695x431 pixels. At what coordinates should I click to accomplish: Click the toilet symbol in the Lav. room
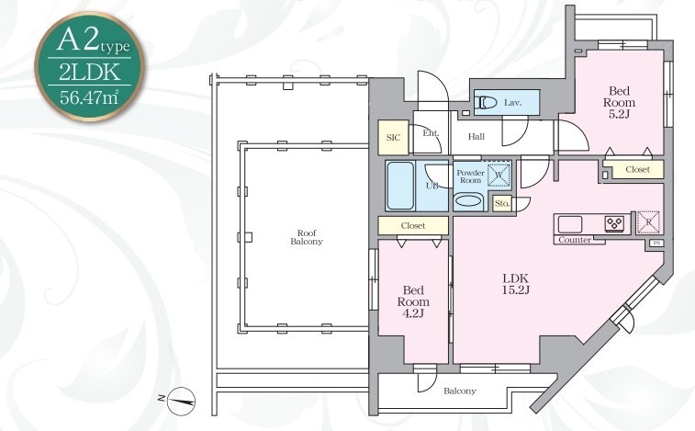[x=486, y=103]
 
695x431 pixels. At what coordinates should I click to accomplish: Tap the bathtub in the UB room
[x=400, y=186]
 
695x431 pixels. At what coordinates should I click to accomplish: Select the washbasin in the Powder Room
[x=468, y=200]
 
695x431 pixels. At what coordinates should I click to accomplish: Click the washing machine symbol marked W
[x=499, y=175]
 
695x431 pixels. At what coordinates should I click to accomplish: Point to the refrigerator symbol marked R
[x=648, y=222]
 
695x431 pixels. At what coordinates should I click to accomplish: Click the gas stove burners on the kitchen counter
[x=615, y=222]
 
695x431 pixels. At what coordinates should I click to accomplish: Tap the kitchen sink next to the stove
[x=569, y=224]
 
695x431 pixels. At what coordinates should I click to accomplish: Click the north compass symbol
[x=181, y=402]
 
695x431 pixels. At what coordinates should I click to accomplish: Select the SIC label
[x=393, y=138]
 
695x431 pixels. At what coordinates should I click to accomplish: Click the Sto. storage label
[x=502, y=204]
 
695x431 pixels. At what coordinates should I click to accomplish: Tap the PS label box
[x=656, y=244]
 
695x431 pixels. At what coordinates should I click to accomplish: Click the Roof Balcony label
[x=307, y=237]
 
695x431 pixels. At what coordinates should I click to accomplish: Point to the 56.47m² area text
[x=89, y=96]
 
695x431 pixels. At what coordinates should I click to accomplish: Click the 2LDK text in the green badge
[x=90, y=72]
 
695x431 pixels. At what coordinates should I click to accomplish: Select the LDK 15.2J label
[x=516, y=284]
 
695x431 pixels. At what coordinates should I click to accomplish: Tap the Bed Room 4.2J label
[x=413, y=301]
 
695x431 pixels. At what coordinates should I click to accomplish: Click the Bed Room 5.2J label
[x=619, y=103]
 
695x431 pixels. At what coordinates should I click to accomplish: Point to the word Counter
[x=575, y=240]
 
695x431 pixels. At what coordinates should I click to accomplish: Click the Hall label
[x=476, y=137]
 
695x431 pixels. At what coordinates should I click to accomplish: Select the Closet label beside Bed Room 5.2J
[x=637, y=170]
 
